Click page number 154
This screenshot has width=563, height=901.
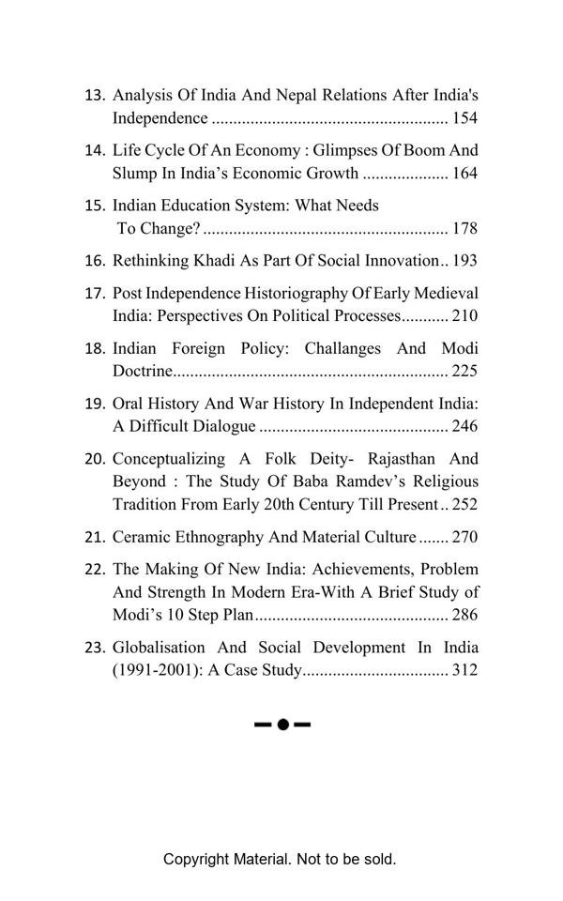(464, 118)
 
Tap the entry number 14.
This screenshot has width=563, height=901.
(95, 150)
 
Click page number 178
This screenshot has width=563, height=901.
(464, 228)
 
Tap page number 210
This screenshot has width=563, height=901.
(464, 316)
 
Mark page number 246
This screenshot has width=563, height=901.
(464, 426)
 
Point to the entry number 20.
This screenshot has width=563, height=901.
(95, 459)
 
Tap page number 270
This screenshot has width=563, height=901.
(464, 538)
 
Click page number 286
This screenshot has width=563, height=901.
(464, 616)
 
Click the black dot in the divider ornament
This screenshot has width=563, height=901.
(282, 725)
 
